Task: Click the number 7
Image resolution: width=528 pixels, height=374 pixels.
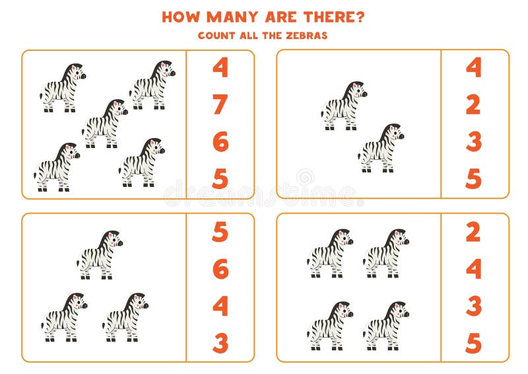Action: click(220, 104)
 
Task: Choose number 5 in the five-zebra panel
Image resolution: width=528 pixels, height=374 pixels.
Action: click(220, 178)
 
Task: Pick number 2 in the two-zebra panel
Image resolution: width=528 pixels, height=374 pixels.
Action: click(473, 104)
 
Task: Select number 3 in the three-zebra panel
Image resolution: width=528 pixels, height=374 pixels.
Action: click(220, 343)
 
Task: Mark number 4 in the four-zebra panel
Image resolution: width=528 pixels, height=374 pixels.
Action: click(473, 269)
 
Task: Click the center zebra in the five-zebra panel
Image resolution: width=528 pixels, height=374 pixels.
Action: click(104, 124)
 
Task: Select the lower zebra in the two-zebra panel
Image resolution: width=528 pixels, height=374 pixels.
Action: click(380, 148)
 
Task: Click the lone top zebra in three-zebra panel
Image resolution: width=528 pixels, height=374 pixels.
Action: click(99, 254)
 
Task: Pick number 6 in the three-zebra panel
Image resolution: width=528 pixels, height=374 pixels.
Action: click(220, 269)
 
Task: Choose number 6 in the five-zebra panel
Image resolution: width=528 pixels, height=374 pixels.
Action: click(220, 141)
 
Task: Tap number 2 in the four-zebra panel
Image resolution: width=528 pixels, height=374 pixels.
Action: click(473, 232)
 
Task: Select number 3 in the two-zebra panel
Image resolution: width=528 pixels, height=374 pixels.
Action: click(473, 141)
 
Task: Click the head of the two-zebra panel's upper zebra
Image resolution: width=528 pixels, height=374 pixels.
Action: click(357, 91)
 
